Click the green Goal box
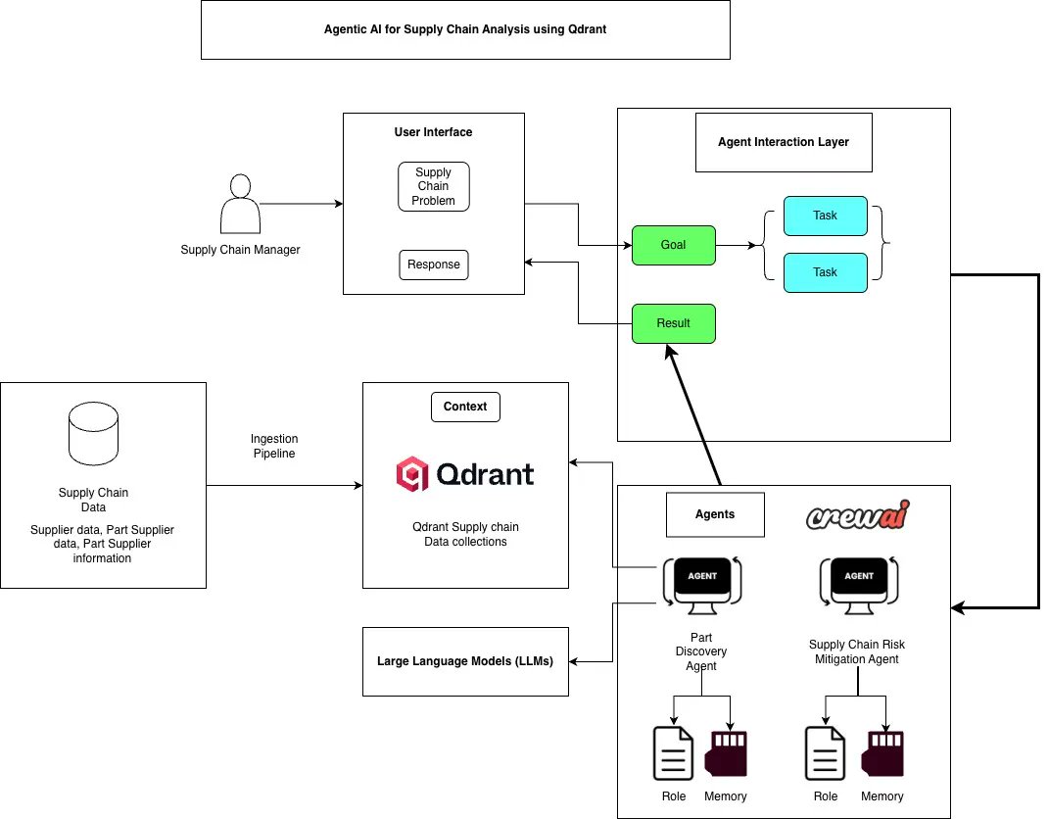tap(673, 245)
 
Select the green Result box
tap(673, 323)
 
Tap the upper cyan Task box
tap(825, 216)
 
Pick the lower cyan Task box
tap(825, 272)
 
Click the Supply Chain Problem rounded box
tap(433, 186)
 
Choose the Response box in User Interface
tap(433, 265)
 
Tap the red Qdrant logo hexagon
tap(411, 475)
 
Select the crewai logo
tap(858, 516)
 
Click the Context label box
tap(465, 407)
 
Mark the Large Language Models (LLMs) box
tap(465, 661)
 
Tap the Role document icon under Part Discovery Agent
tap(673, 753)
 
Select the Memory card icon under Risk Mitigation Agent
tap(881, 753)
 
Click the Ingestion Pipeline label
tap(274, 447)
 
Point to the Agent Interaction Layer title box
tap(784, 142)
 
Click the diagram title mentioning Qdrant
tap(465, 29)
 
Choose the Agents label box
tap(715, 514)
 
